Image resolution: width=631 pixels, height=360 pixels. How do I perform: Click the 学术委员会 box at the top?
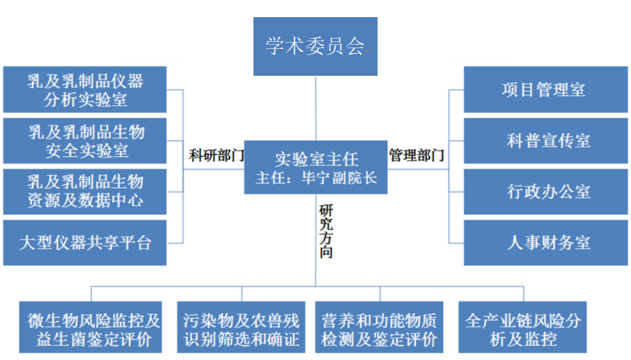[x=315, y=46]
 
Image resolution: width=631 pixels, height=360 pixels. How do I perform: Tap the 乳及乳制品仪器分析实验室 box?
[x=85, y=89]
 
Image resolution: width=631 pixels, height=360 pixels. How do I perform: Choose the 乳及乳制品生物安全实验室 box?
[x=85, y=140]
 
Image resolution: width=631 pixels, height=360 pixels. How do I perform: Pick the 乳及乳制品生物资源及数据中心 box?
[x=85, y=191]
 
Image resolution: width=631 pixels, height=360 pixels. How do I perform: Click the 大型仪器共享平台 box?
[x=85, y=242]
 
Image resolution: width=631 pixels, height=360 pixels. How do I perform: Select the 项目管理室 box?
[x=546, y=89]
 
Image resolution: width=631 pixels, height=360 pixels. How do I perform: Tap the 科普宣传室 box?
[x=546, y=140]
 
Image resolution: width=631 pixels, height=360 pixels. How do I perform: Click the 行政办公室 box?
[x=546, y=191]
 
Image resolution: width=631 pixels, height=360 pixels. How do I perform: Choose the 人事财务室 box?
[x=546, y=242]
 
